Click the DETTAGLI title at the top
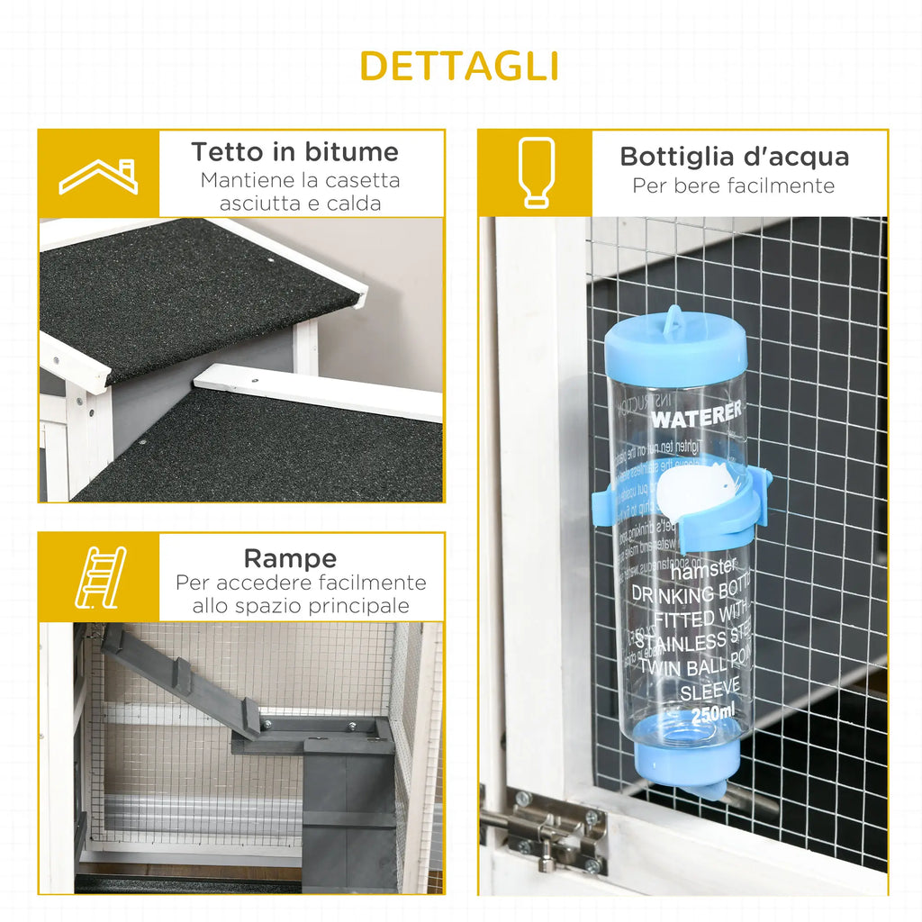click(x=460, y=66)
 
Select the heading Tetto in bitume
click(x=294, y=151)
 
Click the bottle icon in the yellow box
click(x=536, y=173)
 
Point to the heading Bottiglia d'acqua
click(x=734, y=157)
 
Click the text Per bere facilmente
click(x=733, y=186)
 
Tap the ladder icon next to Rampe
click(x=99, y=577)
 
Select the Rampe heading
click(x=290, y=558)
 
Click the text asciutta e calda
click(x=301, y=203)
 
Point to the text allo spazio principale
click(x=301, y=606)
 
